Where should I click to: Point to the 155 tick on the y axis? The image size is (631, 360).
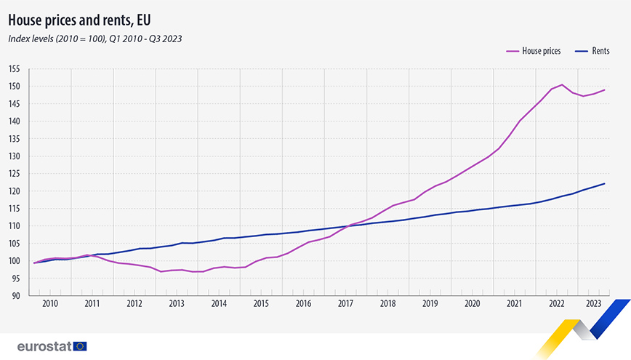(14, 69)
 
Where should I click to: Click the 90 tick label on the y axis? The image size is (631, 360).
(15, 296)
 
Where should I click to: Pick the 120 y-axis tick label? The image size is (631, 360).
(14, 191)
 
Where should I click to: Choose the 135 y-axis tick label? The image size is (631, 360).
(14, 139)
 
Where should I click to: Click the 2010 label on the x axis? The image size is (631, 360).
(50, 303)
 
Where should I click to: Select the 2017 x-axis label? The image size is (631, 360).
(345, 303)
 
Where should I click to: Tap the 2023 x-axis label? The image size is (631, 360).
(594, 303)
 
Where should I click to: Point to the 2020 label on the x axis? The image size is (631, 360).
(472, 303)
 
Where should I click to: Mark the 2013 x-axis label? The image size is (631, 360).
(177, 303)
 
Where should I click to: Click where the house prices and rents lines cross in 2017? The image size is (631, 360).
(347, 227)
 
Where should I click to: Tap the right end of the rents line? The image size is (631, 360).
(605, 183)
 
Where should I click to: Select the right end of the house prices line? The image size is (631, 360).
(605, 90)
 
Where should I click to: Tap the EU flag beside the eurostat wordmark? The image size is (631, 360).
(80, 346)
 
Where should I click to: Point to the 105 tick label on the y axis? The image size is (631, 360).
(14, 244)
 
